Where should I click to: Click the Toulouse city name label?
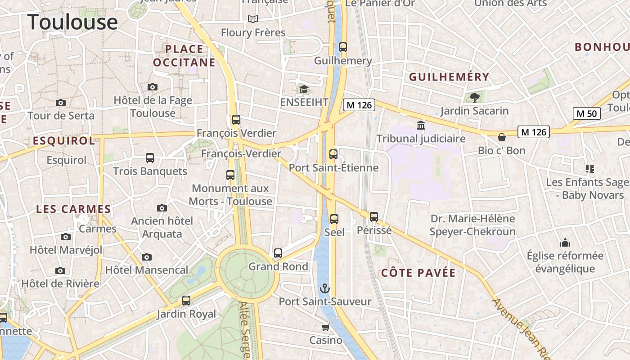pos(73,22)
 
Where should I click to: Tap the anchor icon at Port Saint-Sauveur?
pos(325,288)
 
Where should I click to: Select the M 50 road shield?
pos(587,113)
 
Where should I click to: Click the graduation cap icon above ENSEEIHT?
pos(304,89)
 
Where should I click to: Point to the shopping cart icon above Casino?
pos(325,327)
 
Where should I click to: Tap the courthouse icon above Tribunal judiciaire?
pos(421,125)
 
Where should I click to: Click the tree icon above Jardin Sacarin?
pos(474,97)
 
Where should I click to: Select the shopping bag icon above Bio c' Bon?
pos(501,137)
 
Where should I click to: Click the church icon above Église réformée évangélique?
pos(565,243)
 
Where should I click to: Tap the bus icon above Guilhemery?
pos(343,47)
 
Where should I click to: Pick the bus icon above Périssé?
pos(374,217)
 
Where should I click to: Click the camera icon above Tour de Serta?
pos(61,103)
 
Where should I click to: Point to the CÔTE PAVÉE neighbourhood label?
pos(418,273)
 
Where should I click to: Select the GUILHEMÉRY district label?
pos(449,77)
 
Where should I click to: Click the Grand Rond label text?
pos(278,266)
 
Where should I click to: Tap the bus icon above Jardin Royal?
pos(186,301)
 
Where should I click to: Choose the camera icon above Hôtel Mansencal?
pos(146,257)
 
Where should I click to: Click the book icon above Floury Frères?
pos(253,19)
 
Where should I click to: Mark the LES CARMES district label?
pos(73,209)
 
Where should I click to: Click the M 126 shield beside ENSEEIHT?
pos(359,105)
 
